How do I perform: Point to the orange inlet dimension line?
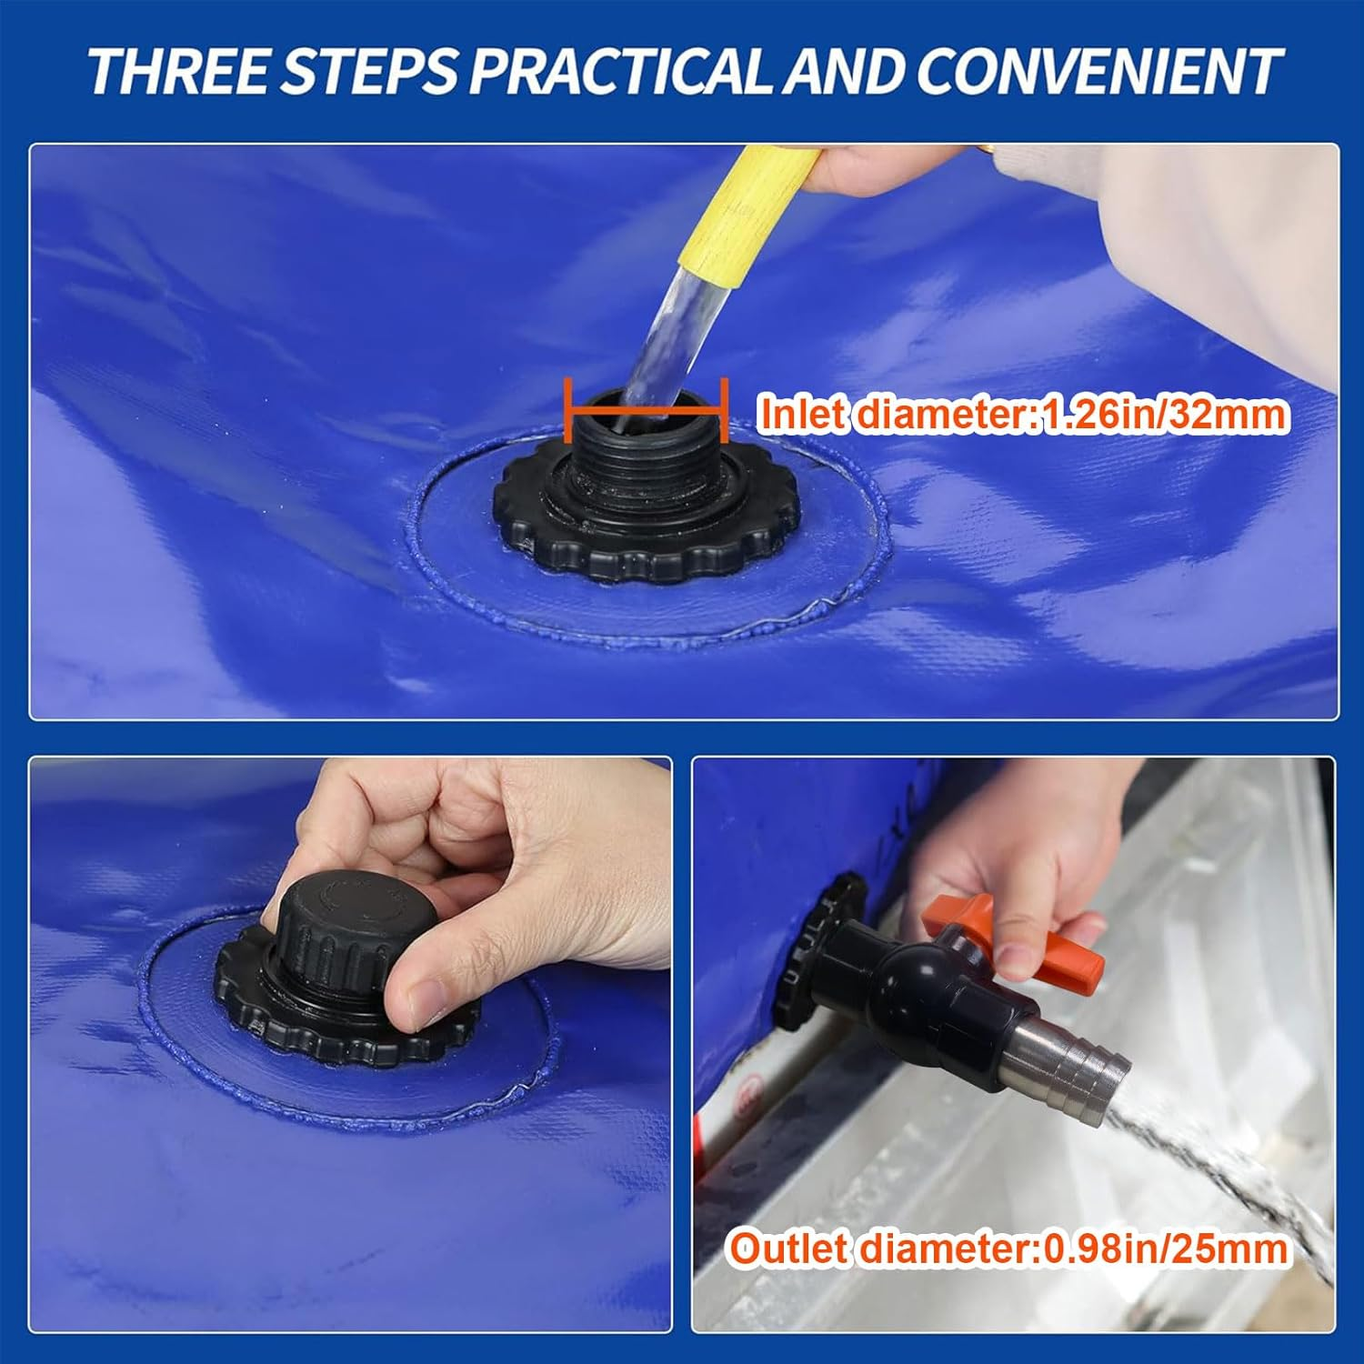pyautogui.click(x=646, y=411)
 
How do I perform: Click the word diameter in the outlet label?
pyautogui.click(x=947, y=1248)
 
